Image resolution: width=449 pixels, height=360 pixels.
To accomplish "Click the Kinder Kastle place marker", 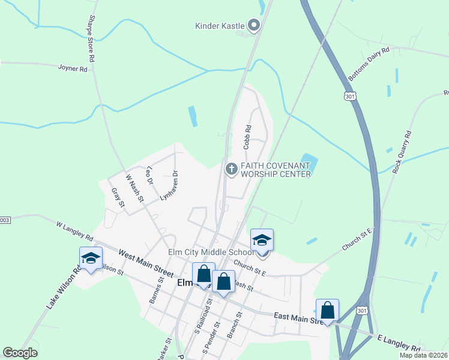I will point(253,25).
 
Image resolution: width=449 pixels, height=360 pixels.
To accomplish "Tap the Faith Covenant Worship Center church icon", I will point(231,169).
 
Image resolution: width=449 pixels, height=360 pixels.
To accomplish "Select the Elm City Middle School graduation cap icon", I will point(262,241).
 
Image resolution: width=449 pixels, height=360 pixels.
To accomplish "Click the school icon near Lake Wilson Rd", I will point(91,259).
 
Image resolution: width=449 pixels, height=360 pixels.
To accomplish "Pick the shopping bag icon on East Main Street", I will point(327,311).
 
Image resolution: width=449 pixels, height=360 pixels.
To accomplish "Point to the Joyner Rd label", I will point(73,68).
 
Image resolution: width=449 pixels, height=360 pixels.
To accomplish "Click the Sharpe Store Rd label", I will point(92,39).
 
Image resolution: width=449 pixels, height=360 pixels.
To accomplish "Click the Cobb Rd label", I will point(247,137).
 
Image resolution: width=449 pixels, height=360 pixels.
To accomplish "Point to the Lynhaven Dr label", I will point(169,185).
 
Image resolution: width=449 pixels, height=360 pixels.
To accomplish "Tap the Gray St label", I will point(117,198).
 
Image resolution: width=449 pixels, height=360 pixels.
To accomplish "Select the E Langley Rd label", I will point(399,344).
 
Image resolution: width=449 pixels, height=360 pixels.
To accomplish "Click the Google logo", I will point(20,353).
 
